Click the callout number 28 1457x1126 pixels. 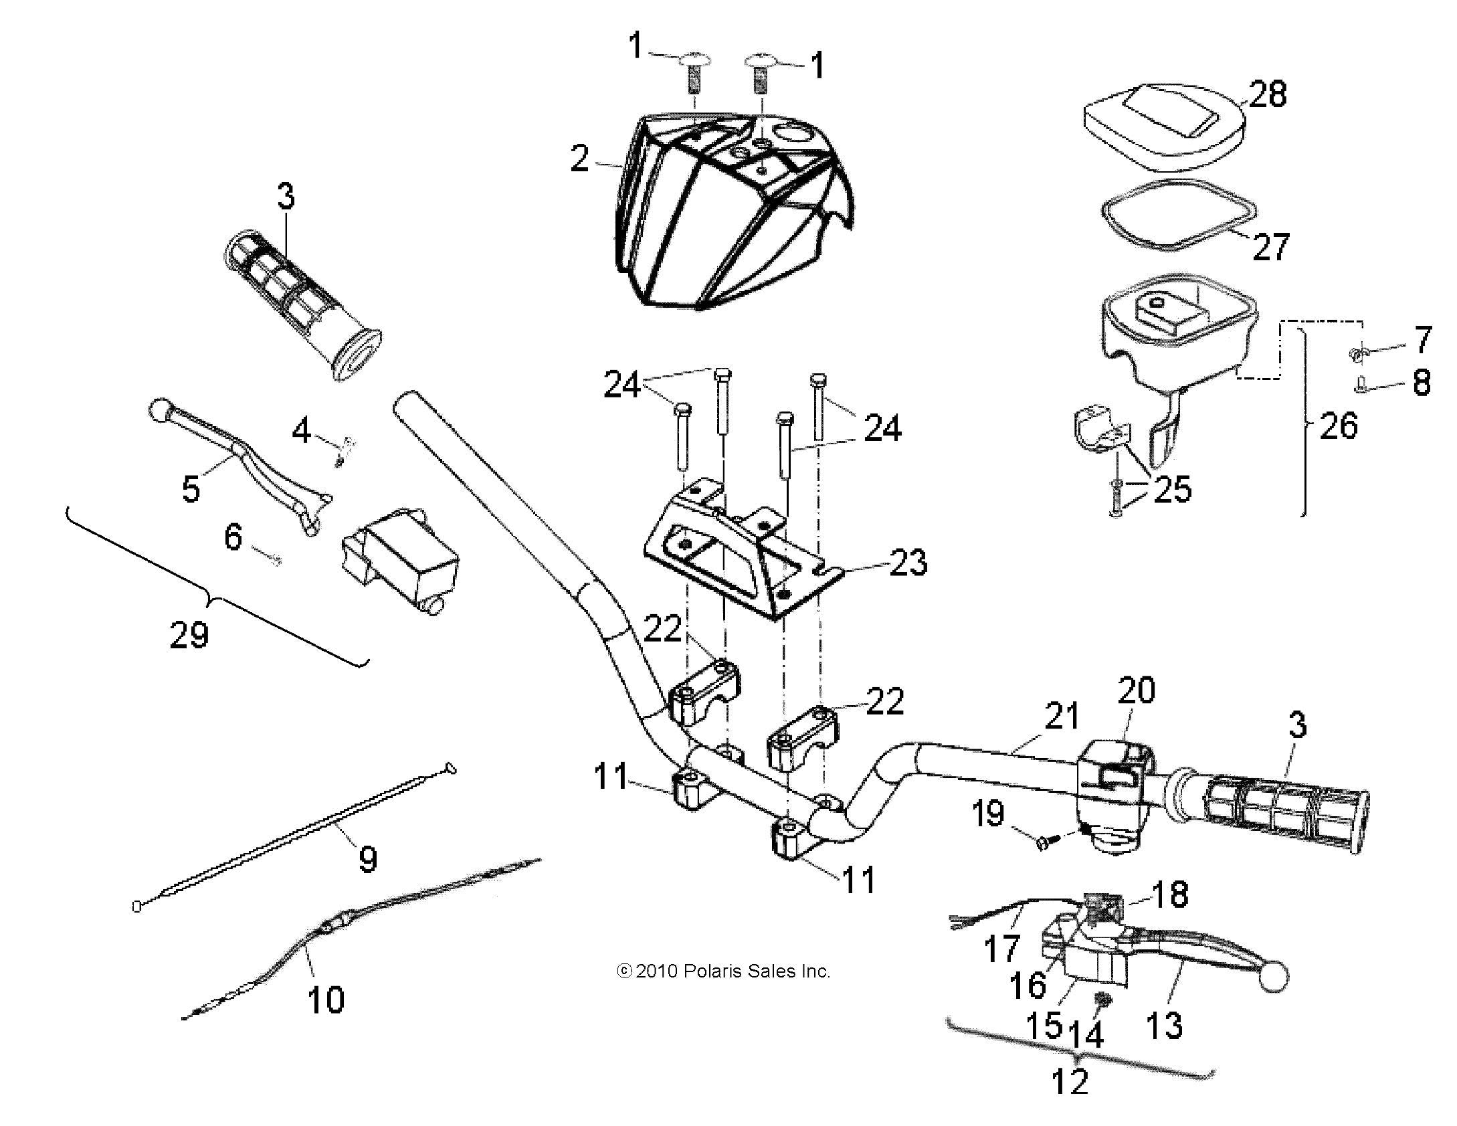1268,95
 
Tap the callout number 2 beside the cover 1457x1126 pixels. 580,159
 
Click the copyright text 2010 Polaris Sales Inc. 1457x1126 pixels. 723,971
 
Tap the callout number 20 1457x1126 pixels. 1136,690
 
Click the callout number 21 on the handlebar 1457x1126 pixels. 1062,716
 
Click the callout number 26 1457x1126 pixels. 1338,426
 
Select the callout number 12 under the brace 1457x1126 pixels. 1070,1081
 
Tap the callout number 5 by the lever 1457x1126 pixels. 191,488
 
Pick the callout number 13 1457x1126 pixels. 1164,1025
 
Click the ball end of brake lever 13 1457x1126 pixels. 1273,978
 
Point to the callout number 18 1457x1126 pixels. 1169,894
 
